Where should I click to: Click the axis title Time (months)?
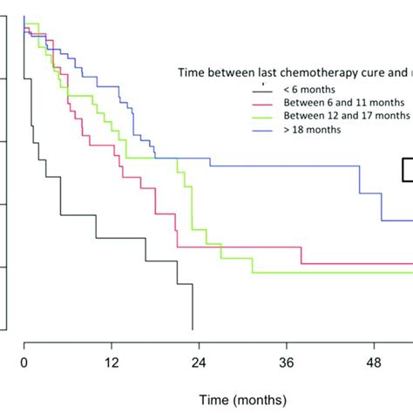click(241, 399)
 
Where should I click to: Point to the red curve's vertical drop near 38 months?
click(301, 255)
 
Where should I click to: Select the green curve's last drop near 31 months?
click(253, 266)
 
